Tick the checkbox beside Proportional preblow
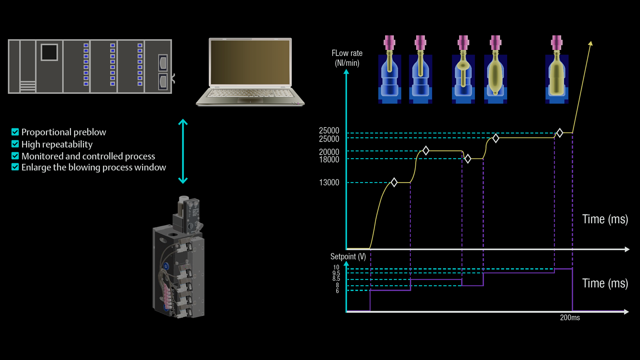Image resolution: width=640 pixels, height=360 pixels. pyautogui.click(x=15, y=132)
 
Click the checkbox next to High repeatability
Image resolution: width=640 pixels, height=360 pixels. pyautogui.click(x=15, y=144)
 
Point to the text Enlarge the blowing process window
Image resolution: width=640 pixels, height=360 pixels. pyautogui.click(x=93, y=167)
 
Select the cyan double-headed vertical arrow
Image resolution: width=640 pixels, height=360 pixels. pyautogui.click(x=183, y=152)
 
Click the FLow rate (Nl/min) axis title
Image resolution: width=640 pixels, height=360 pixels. pyautogui.click(x=347, y=58)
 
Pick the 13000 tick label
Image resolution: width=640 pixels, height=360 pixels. pyautogui.click(x=329, y=182)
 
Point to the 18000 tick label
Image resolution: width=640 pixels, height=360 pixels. pyautogui.click(x=329, y=160)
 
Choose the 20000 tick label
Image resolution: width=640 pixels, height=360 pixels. pyautogui.click(x=329, y=152)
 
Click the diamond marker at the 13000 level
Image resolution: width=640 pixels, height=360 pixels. pyautogui.click(x=394, y=182)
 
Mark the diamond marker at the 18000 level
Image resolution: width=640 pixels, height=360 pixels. pyautogui.click(x=468, y=159)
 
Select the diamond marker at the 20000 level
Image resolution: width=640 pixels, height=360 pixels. pyautogui.click(x=426, y=151)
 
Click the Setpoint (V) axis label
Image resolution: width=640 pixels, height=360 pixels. pyautogui.click(x=348, y=257)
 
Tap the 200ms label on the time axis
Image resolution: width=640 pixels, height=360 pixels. pyautogui.click(x=570, y=318)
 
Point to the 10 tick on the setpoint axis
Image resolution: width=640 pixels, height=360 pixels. pyautogui.click(x=336, y=267)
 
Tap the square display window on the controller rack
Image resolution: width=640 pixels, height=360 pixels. pyautogui.click(x=49, y=52)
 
